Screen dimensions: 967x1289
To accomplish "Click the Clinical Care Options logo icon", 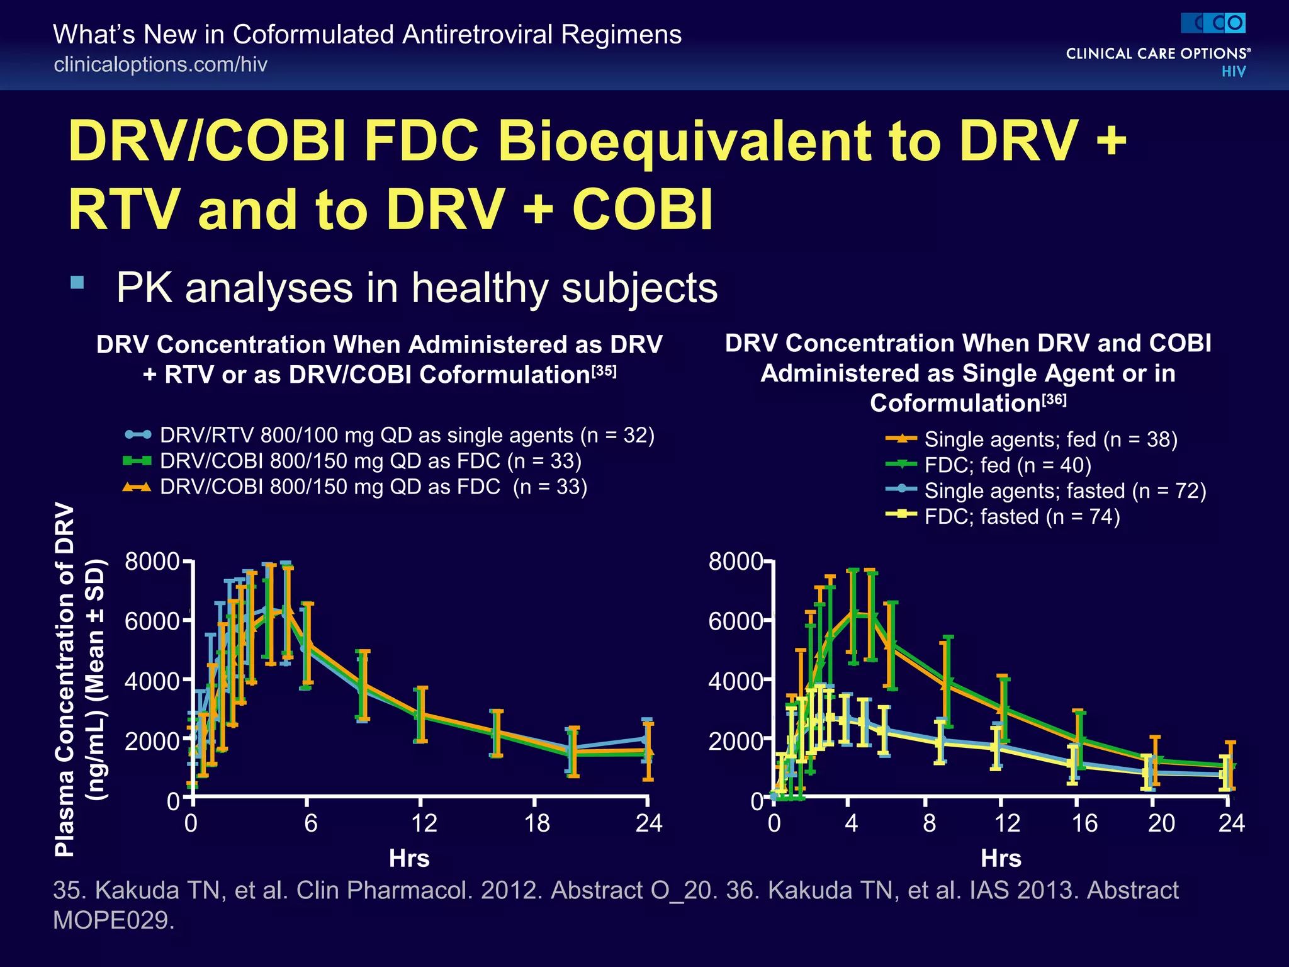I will (x=1213, y=24).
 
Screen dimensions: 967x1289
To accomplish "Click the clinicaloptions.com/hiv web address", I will (x=160, y=64).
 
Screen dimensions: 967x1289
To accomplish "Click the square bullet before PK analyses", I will (x=77, y=282).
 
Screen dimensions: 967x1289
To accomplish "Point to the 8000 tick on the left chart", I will (x=152, y=560).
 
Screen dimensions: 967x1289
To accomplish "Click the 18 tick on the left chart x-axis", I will (x=536, y=823).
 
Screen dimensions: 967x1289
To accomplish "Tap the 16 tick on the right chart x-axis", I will (x=1084, y=823).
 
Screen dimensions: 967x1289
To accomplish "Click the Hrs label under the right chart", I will (x=1001, y=858).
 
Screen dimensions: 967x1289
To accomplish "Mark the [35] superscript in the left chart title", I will (x=604, y=371).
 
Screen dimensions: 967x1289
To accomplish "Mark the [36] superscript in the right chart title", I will (x=1054, y=399).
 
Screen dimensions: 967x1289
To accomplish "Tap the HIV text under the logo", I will (x=1233, y=71).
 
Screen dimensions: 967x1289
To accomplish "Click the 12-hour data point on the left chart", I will (x=421, y=715).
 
